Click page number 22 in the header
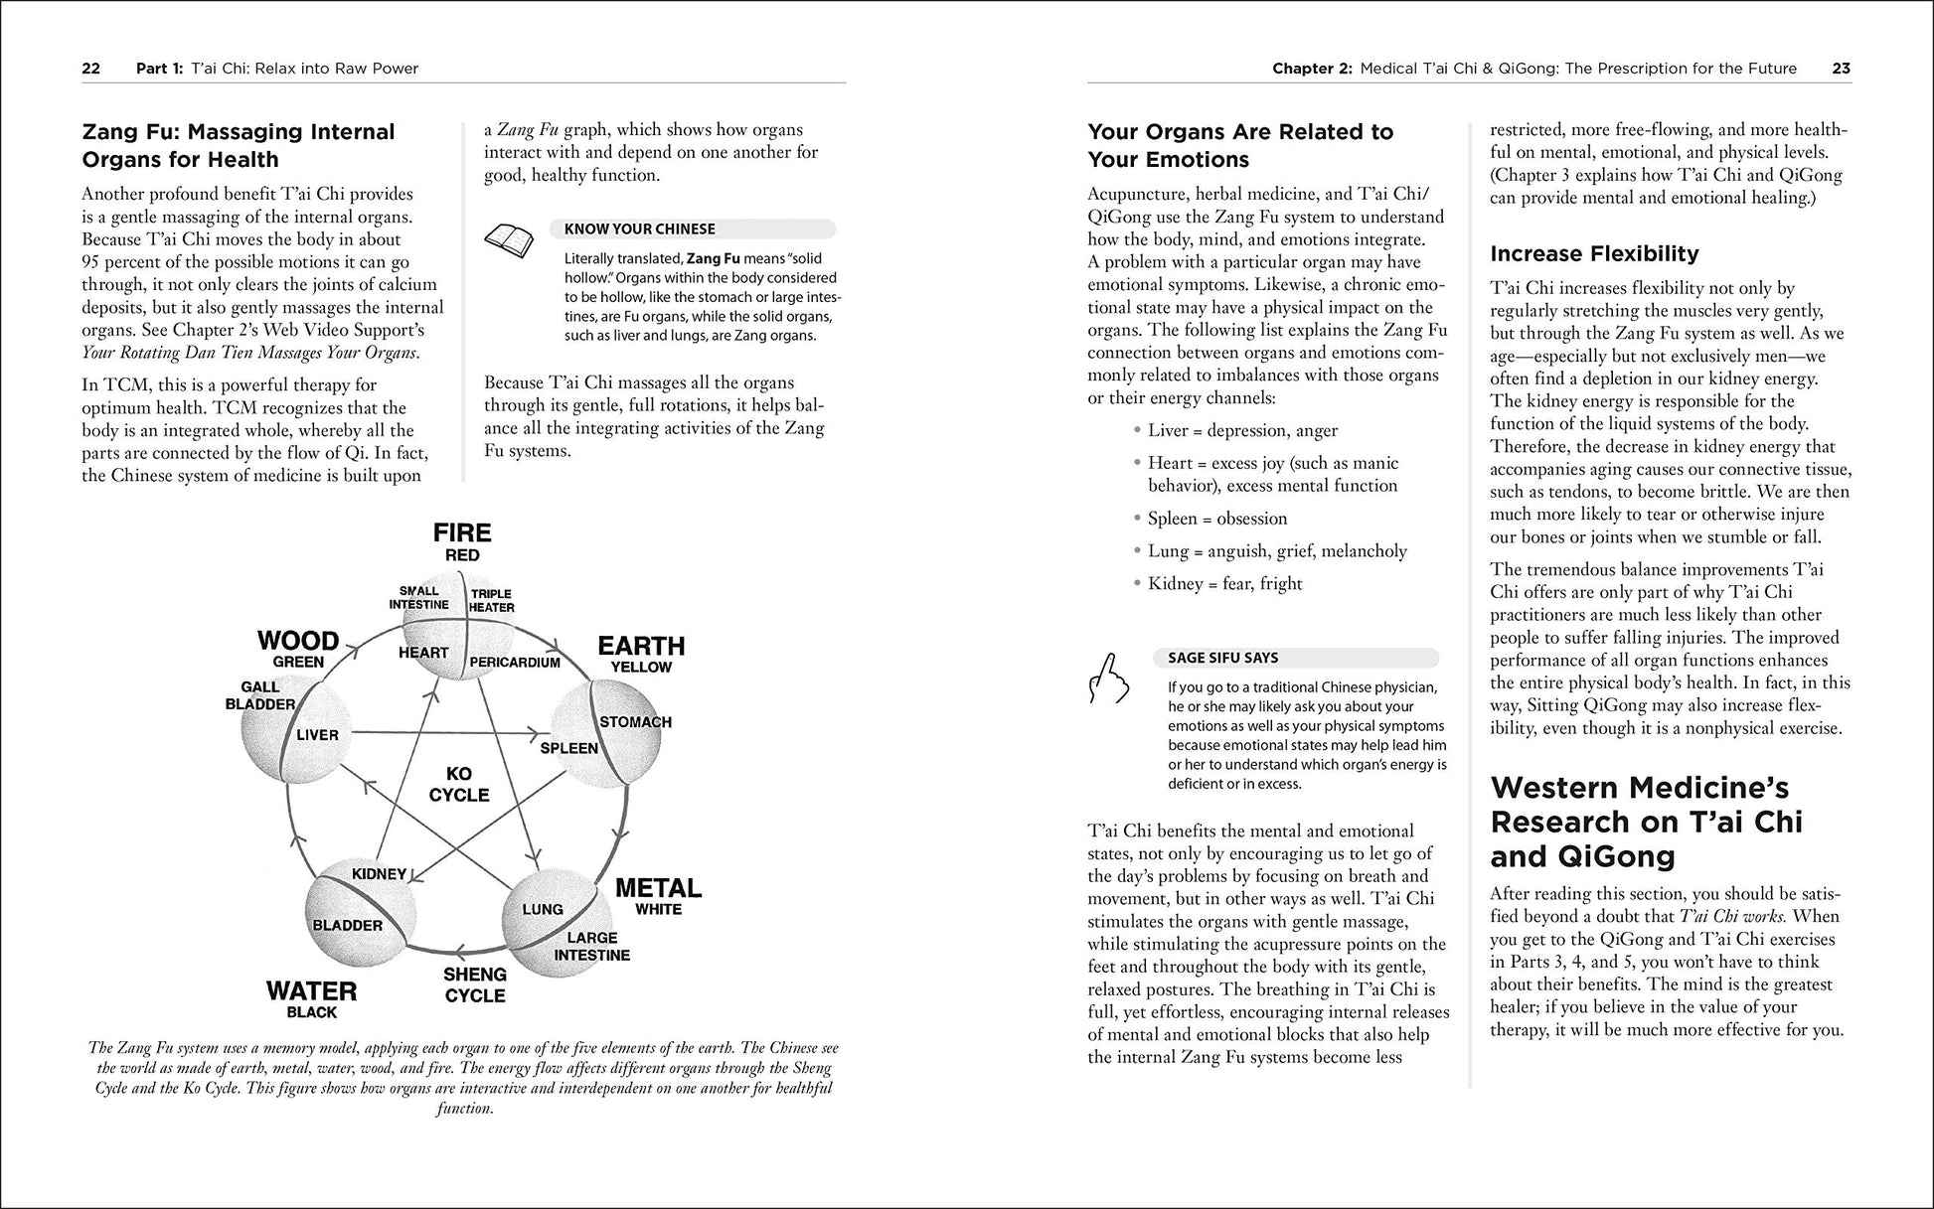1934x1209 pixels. (x=90, y=69)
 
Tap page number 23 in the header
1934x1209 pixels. (x=1841, y=69)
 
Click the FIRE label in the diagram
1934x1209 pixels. (x=462, y=533)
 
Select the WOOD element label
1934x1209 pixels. (x=298, y=641)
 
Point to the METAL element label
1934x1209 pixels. (x=658, y=888)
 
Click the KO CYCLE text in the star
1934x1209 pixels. (x=459, y=784)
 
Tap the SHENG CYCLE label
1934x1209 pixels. (x=475, y=984)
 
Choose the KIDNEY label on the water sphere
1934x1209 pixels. (x=379, y=874)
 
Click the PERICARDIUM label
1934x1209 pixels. (x=515, y=662)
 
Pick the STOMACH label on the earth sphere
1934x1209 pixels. (x=635, y=722)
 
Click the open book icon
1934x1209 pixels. (x=508, y=239)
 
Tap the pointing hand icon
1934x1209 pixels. (x=1108, y=680)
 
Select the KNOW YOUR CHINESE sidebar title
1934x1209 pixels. (x=639, y=229)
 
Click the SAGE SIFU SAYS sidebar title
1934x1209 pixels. (x=1222, y=658)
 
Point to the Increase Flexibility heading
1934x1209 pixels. (x=1594, y=253)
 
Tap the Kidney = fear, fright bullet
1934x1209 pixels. (x=1224, y=584)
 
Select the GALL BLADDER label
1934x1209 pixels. (x=260, y=695)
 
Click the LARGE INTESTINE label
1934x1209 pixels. (x=592, y=946)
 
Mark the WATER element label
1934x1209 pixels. (x=312, y=991)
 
